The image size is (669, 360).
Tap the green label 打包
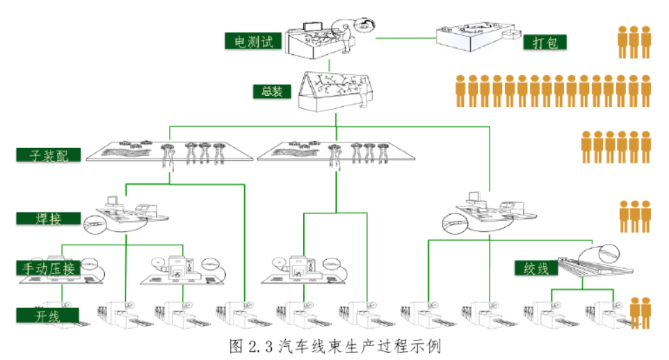(545, 42)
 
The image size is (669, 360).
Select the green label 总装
(271, 91)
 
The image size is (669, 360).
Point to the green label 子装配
(47, 154)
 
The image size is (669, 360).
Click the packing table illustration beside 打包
(476, 38)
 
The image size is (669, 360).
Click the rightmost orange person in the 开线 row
(646, 313)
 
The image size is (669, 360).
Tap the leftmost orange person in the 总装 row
(460, 91)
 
